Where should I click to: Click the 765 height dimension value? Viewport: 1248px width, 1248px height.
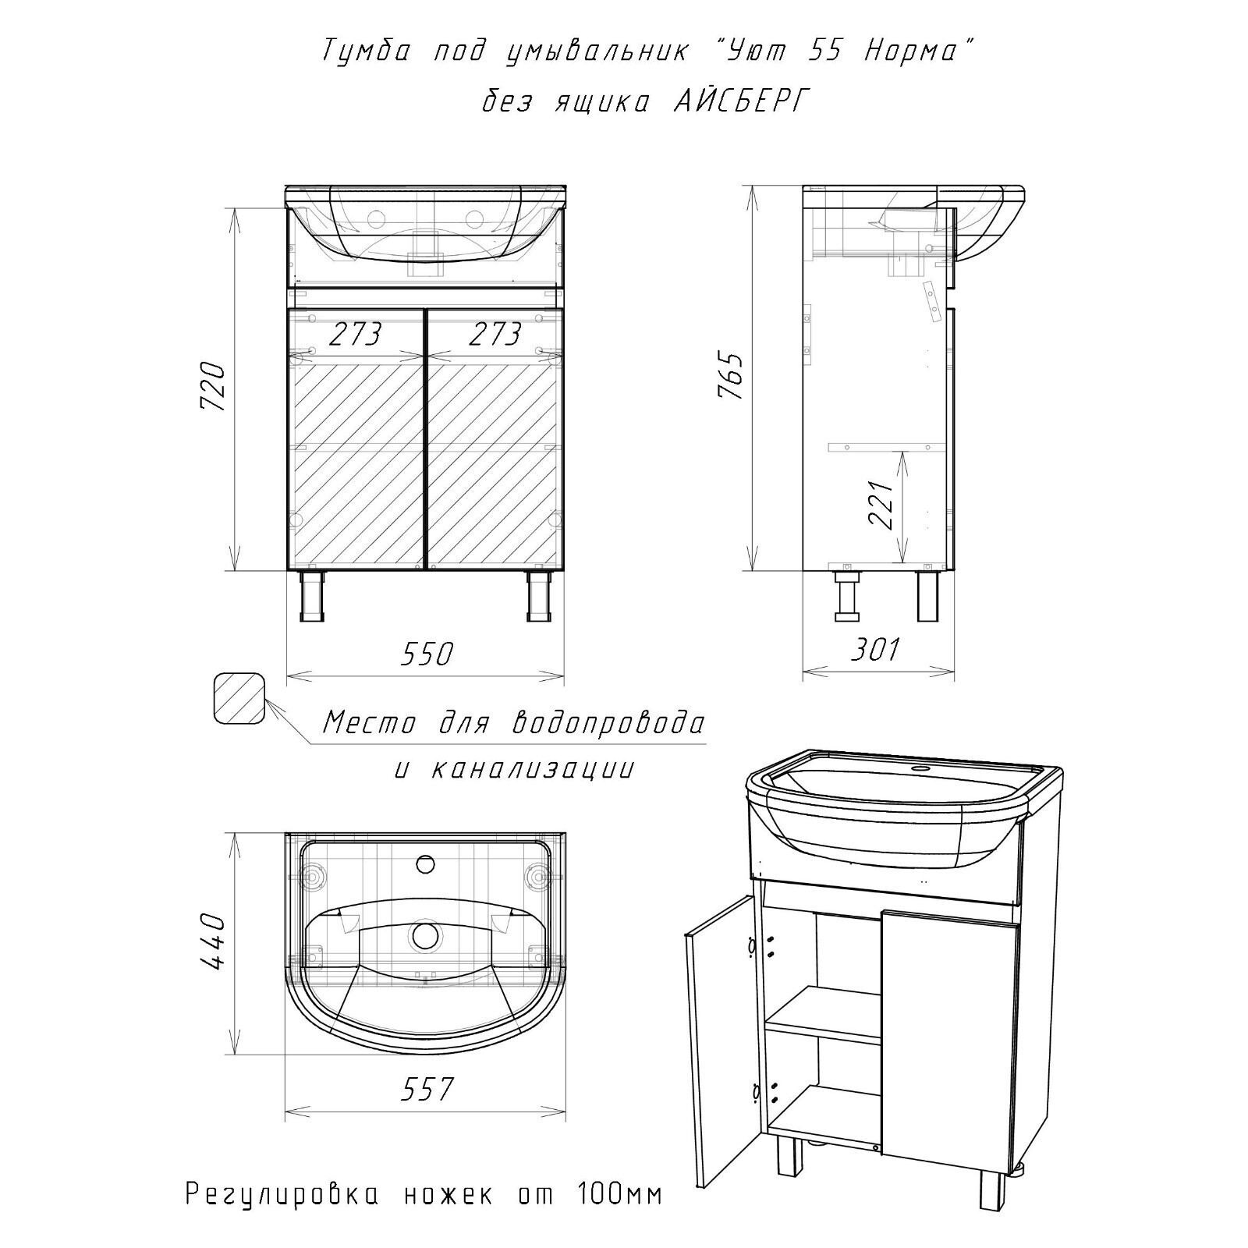730,379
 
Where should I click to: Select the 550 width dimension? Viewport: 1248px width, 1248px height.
426,654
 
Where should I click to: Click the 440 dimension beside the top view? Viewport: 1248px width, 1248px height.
214,941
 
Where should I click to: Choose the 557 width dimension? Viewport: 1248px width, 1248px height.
427,1089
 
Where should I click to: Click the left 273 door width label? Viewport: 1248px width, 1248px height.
356,334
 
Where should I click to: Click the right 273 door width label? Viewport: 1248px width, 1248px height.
495,334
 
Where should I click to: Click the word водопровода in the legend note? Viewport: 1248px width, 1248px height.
608,723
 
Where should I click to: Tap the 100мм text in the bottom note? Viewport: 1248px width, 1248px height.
619,1215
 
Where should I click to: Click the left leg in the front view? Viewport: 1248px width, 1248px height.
311,596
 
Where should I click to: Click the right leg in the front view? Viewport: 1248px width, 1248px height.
539,596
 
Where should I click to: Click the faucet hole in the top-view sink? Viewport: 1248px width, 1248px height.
425,864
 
